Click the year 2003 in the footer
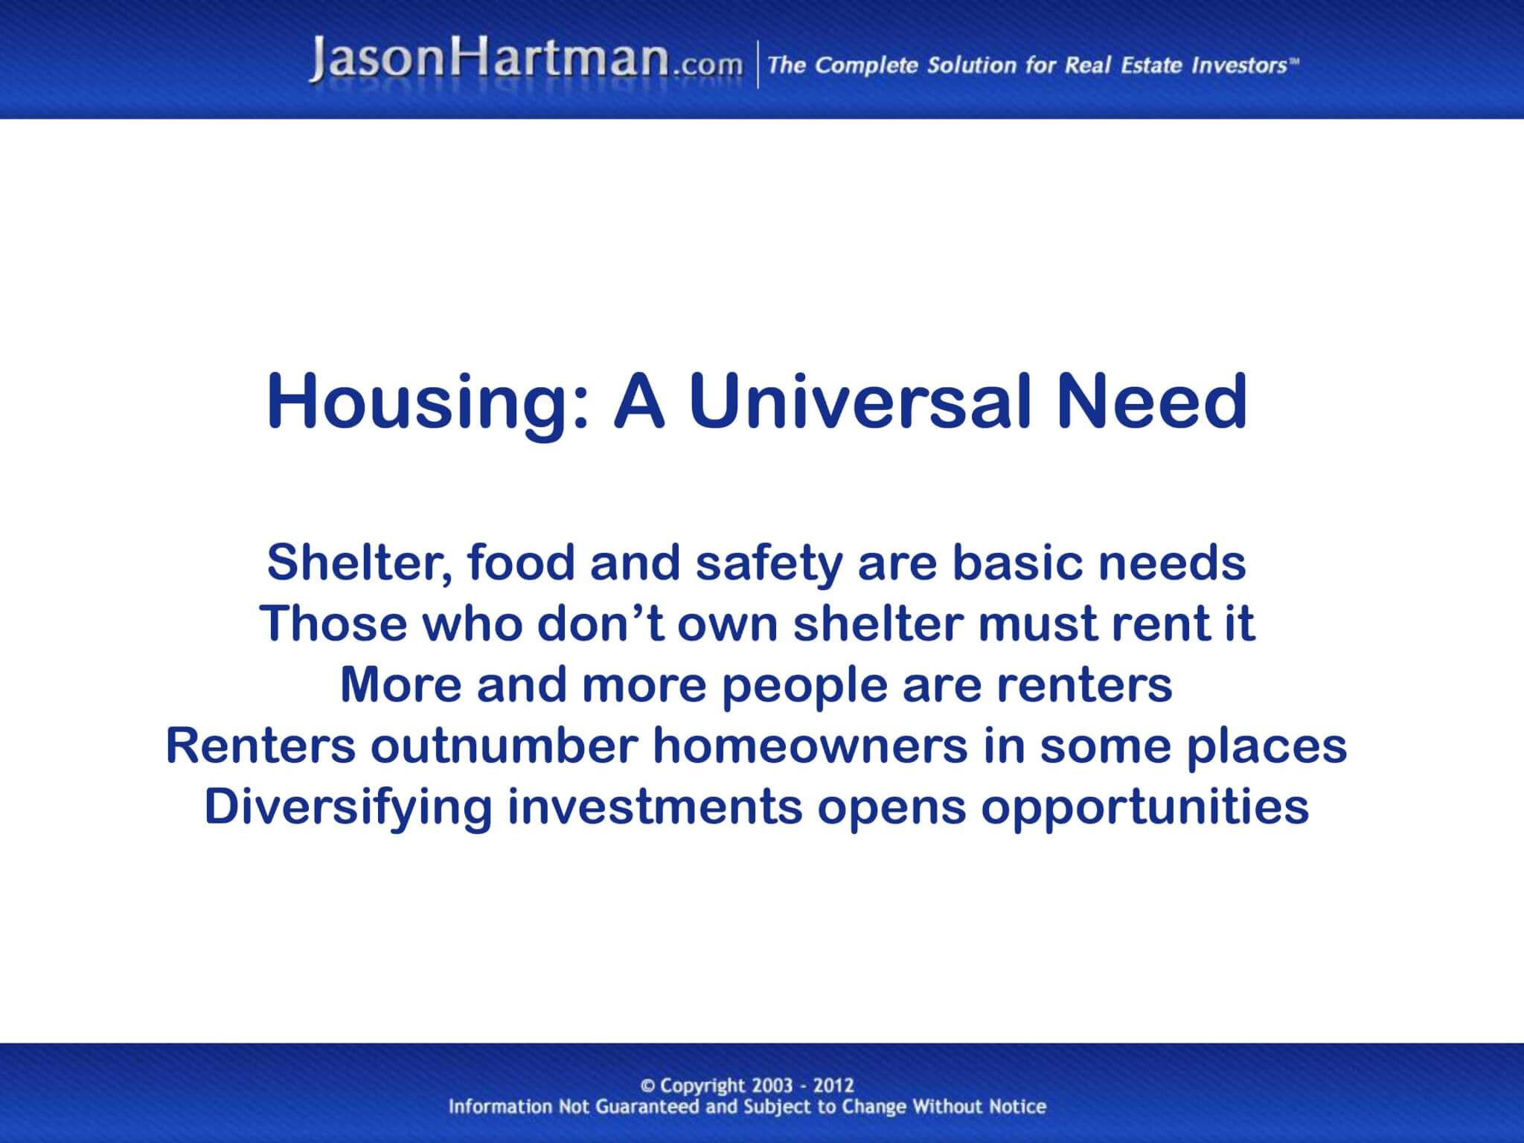772,1086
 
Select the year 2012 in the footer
833,1086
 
